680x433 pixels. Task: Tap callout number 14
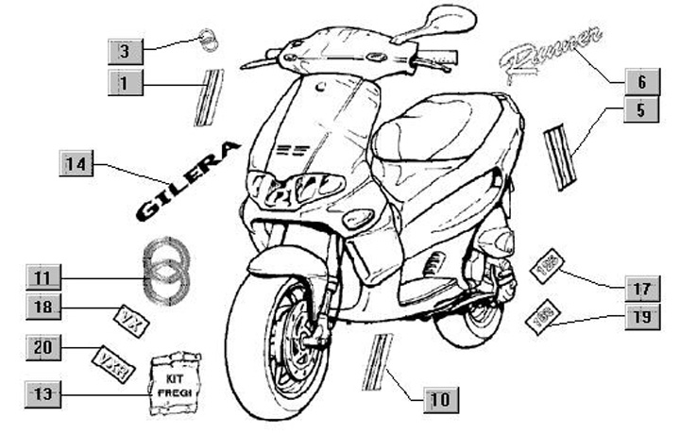click(76, 163)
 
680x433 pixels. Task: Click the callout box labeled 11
click(43, 277)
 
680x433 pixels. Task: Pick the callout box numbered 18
click(43, 307)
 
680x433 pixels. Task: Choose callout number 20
click(43, 347)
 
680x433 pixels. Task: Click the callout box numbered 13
click(43, 390)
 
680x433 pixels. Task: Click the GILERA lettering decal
click(188, 180)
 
